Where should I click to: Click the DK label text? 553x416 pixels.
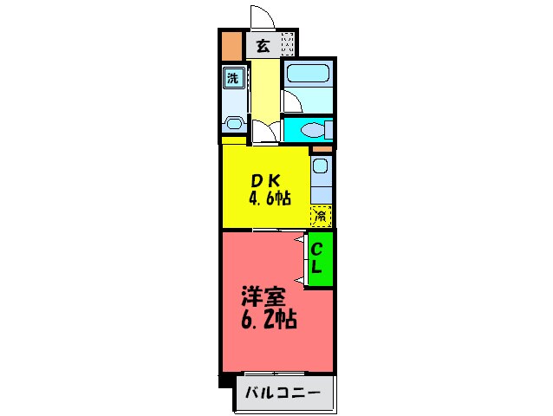pyautogui.click(x=264, y=181)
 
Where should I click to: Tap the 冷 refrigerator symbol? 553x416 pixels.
pyautogui.click(x=321, y=214)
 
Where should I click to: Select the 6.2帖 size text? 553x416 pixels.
pyautogui.click(x=269, y=320)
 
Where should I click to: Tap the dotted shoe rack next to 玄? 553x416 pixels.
pyautogui.click(x=287, y=43)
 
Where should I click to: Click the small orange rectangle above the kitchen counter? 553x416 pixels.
pyautogui.click(x=322, y=149)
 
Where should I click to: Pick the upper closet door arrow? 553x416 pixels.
pyautogui.click(x=301, y=239)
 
